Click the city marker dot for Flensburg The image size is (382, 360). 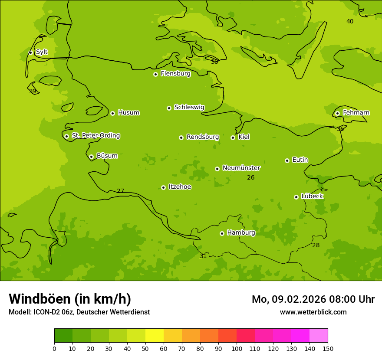[x=155, y=74]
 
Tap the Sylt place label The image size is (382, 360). [x=42, y=52]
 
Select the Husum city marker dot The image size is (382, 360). [x=112, y=113]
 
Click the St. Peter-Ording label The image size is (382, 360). [x=95, y=136]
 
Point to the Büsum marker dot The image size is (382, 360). [x=91, y=157]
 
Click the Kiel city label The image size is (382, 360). [x=244, y=137]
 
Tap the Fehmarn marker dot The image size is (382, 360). [x=337, y=113]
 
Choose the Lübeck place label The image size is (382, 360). [x=312, y=196]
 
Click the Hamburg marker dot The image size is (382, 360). [x=222, y=233]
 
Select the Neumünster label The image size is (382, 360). [x=241, y=168]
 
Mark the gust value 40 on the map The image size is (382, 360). [x=350, y=22]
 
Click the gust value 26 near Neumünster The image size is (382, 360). [x=251, y=177]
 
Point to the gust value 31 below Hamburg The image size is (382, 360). [x=203, y=256]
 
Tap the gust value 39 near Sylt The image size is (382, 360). [x=33, y=92]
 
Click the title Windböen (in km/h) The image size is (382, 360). [x=70, y=299]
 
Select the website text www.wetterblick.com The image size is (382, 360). [x=313, y=312]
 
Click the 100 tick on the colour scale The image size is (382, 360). [x=237, y=348]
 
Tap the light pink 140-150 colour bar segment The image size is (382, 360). [x=319, y=336]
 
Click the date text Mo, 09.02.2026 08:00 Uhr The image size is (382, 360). [x=313, y=299]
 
